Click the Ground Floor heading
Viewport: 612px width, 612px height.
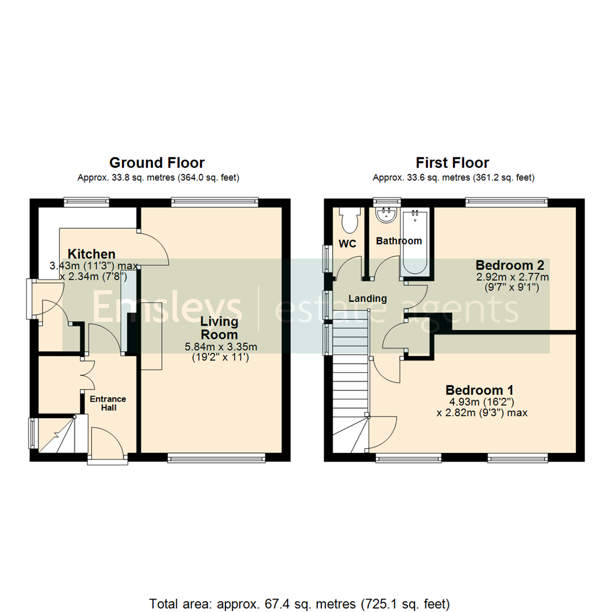(157, 163)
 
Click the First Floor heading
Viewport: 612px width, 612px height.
(452, 163)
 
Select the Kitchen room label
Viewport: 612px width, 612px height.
(92, 254)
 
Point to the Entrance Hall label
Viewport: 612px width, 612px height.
(108, 403)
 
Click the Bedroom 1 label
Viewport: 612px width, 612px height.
(479, 390)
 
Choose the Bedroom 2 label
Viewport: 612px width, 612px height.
(510, 265)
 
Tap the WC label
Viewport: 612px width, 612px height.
(347, 244)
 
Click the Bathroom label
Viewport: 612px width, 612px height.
(399, 241)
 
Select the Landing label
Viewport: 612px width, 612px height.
(367, 298)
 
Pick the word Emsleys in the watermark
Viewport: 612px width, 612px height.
(167, 309)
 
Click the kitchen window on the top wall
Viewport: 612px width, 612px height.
(86, 201)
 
